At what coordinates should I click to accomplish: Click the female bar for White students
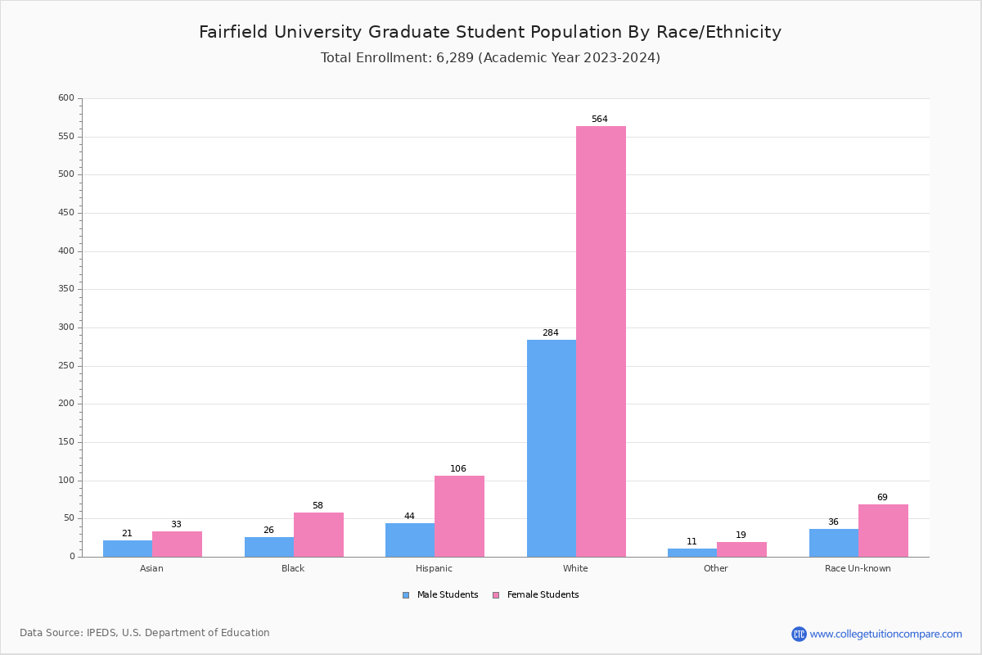pos(601,341)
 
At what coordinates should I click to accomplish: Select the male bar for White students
pos(552,448)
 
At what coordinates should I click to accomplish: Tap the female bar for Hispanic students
pos(459,516)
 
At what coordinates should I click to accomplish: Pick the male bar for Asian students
pos(128,549)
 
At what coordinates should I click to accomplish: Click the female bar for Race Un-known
pos(883,531)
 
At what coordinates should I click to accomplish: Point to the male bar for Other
pos(692,553)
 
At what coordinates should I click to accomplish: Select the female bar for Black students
pos(318,535)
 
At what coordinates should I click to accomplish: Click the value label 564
pos(600,120)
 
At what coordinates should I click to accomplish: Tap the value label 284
pos(551,333)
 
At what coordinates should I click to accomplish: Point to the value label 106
pos(458,469)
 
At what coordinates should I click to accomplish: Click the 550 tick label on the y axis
pos(66,137)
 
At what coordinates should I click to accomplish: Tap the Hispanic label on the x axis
pos(434,568)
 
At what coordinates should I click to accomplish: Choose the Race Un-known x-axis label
pos(858,568)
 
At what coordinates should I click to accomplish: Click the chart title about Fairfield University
pos(490,32)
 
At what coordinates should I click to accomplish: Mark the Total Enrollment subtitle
pos(490,58)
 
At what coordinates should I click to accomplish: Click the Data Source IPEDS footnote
pos(145,633)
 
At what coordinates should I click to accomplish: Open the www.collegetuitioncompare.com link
pos(885,634)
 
